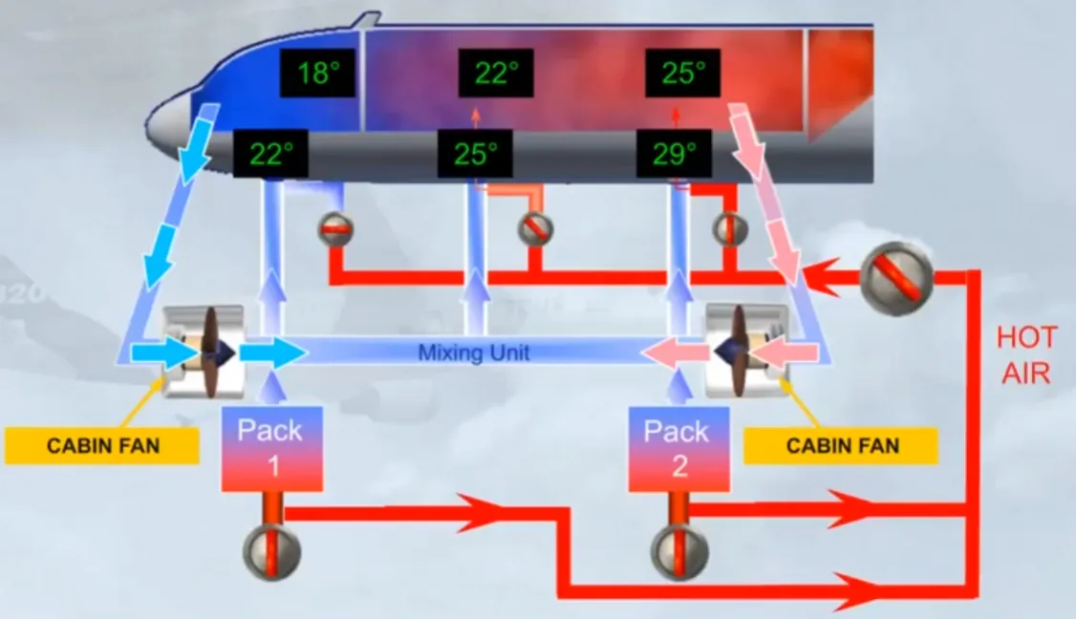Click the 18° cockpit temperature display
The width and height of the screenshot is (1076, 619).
[317, 73]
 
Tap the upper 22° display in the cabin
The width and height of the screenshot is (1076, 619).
[496, 73]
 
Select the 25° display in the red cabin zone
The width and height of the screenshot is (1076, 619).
[683, 73]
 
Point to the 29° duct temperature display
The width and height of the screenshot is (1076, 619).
[674, 154]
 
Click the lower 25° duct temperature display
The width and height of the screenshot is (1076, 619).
[476, 154]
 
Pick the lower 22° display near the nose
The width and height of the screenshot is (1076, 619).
[270, 154]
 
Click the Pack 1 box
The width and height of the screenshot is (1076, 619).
[271, 449]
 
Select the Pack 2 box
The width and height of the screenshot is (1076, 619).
[678, 449]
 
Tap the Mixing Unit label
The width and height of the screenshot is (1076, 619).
[473, 352]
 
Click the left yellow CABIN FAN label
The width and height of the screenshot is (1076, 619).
[102, 445]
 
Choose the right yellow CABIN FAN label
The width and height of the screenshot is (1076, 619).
[841, 445]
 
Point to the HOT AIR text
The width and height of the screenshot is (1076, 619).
[1026, 355]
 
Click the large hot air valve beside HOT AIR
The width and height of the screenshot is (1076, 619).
[896, 278]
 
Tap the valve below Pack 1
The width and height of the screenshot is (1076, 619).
[271, 552]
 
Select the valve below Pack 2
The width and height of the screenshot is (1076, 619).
[679, 552]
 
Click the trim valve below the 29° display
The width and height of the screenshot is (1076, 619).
[730, 229]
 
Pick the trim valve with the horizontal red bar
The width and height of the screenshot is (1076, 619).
[335, 228]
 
